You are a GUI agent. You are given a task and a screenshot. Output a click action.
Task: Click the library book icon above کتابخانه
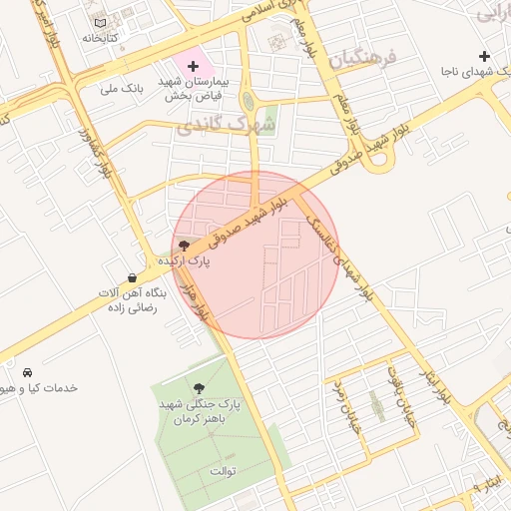[x=100, y=22]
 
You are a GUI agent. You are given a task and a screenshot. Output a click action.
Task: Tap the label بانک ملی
[x=123, y=88]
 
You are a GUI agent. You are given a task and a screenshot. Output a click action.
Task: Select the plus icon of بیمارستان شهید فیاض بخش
[x=194, y=65]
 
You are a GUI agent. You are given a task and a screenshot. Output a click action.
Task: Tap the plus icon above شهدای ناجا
[x=484, y=57]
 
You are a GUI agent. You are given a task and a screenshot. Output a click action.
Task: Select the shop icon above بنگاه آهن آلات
[x=133, y=277]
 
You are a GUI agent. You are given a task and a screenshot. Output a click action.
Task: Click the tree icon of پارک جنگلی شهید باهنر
[x=197, y=387]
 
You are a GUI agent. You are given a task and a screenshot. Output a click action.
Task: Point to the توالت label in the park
[x=223, y=470]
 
